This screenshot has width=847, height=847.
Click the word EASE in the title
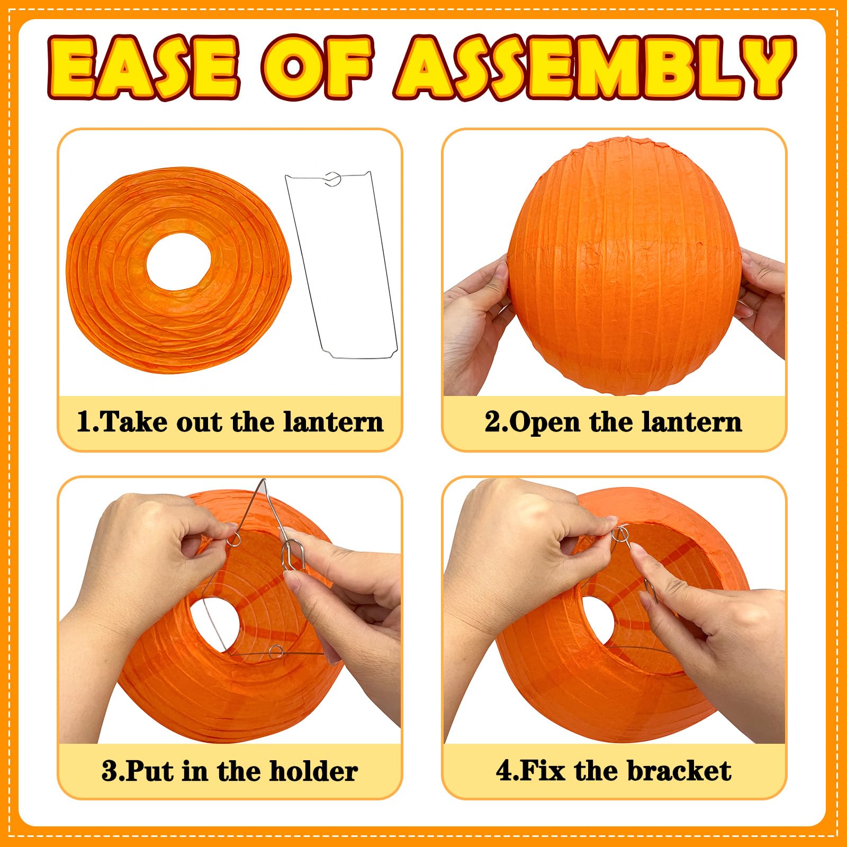tap(143, 68)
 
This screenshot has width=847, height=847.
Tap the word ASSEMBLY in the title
tap(595, 68)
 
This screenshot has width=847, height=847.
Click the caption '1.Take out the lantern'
tap(230, 422)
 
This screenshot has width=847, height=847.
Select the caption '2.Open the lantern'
tap(614, 422)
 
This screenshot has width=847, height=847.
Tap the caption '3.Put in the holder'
tap(230, 771)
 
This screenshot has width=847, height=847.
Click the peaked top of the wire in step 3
tap(263, 481)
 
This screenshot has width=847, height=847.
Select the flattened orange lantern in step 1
tap(178, 270)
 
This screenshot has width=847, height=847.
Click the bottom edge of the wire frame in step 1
tap(360, 357)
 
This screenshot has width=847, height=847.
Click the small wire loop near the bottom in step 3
tap(275, 652)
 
